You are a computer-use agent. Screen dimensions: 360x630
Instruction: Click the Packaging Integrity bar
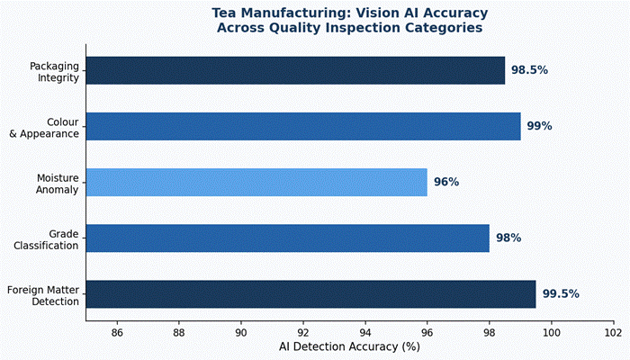pos(295,70)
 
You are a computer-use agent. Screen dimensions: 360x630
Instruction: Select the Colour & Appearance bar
pos(303,126)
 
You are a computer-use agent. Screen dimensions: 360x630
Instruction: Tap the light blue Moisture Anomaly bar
pos(256,182)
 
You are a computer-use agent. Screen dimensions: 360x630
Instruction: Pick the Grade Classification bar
pos(288,238)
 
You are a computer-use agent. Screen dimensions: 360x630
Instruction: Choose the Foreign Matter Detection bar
pos(310,293)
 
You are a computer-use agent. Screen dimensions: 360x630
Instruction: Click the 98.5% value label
pos(530,70)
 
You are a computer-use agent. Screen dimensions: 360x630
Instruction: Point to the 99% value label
pos(539,126)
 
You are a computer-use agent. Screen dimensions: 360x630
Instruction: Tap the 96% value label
pos(446,182)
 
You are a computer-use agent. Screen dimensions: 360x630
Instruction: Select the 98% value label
pos(508,238)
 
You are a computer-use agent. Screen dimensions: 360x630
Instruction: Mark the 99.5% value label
pos(561,293)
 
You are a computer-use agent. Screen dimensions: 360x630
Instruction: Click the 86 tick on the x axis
pos(117,332)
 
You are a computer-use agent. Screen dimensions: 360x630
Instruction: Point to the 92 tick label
pos(303,332)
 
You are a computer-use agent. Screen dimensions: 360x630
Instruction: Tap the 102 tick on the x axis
pos(614,332)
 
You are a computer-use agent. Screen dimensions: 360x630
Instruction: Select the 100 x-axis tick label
pos(552,332)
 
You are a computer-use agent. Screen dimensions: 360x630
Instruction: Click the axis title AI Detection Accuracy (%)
pos(350,346)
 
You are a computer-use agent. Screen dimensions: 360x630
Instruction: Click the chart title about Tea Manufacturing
pos(350,21)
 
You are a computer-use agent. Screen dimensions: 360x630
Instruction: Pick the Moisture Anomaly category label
pos(56,182)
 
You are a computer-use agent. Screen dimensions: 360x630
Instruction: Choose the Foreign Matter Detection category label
pos(44,294)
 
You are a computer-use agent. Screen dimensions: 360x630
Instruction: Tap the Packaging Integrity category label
pos(54,71)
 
